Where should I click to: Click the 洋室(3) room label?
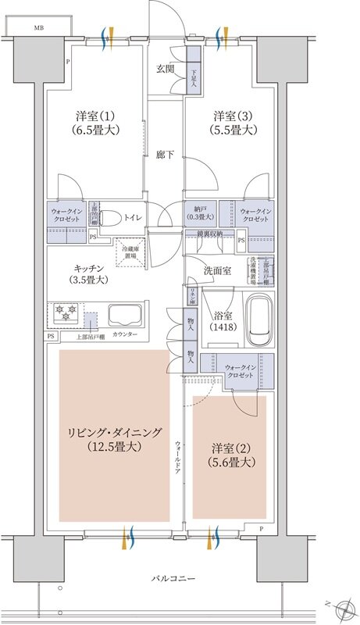click(x=233, y=123)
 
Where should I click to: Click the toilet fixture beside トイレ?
click(x=111, y=216)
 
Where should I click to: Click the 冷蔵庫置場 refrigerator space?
click(x=128, y=252)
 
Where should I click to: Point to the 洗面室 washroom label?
click(x=216, y=270)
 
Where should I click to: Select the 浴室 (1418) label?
click(x=224, y=322)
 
